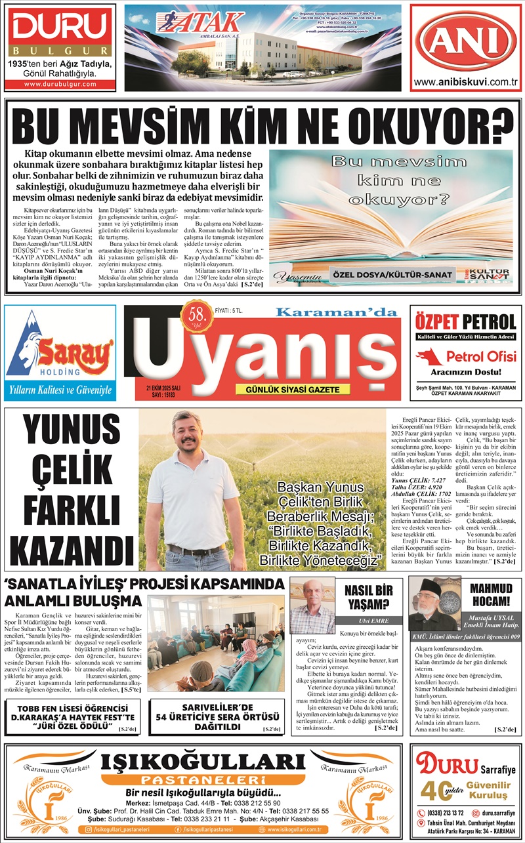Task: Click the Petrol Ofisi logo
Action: coord(466,357)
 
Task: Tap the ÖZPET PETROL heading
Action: coord(466,322)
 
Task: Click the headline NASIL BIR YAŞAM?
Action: coord(368,597)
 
